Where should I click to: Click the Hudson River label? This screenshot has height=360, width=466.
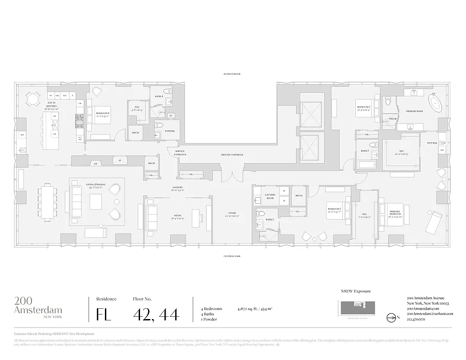[x=232, y=74]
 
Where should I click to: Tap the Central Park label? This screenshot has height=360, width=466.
[x=232, y=256]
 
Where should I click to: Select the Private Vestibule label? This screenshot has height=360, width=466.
[x=232, y=154]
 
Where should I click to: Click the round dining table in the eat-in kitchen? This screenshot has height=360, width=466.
[x=32, y=99]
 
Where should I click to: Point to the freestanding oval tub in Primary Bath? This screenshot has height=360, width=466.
[x=435, y=104]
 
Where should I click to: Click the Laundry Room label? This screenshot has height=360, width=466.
[x=270, y=196]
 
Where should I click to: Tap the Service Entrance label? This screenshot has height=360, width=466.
[x=180, y=153]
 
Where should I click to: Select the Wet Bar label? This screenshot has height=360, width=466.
[x=432, y=143]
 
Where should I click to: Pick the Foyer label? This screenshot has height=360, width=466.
[x=232, y=215]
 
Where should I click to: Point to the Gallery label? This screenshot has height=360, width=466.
[x=177, y=189]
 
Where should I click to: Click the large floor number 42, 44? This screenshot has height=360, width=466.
[x=156, y=313]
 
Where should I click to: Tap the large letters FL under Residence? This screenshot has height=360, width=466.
[x=104, y=314]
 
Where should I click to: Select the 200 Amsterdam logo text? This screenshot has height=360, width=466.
[x=38, y=306]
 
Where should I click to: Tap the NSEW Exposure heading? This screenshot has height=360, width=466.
[x=356, y=291]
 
